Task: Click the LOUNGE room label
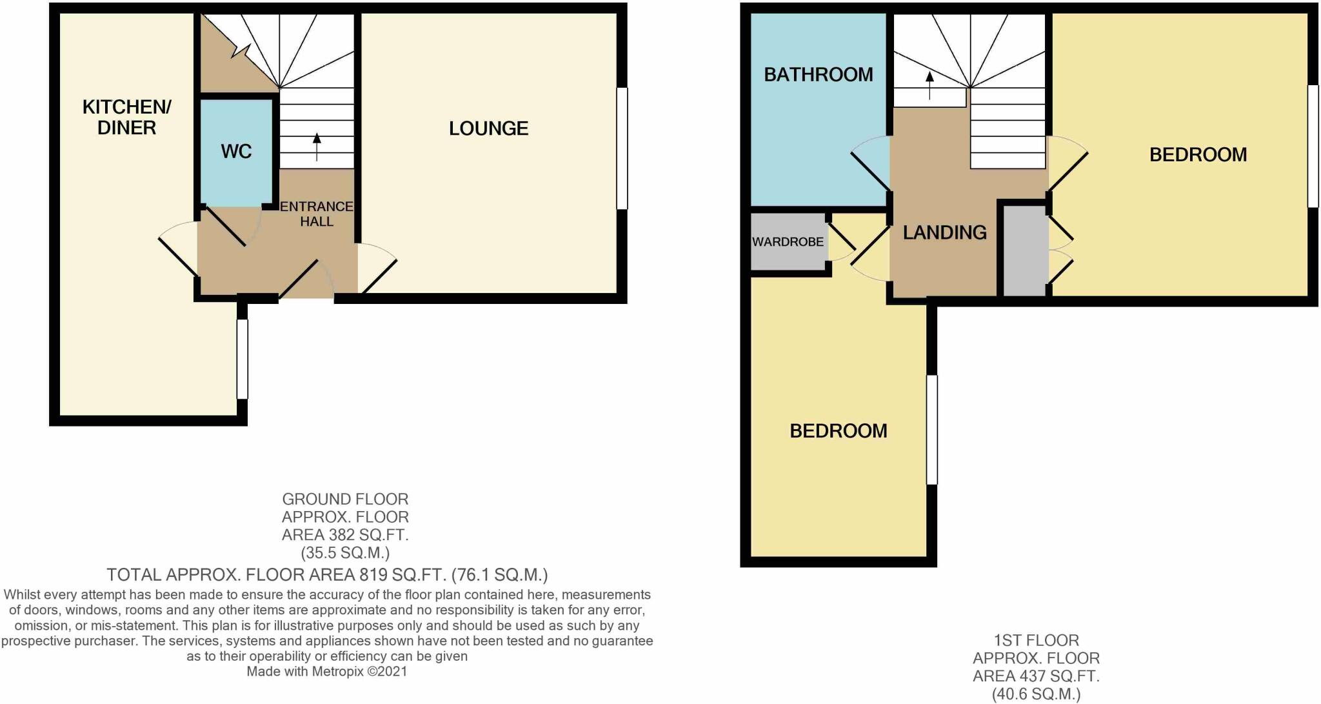point(489,128)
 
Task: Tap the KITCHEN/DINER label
point(126,117)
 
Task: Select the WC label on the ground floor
point(236,152)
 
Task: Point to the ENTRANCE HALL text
point(317,214)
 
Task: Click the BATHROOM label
point(819,75)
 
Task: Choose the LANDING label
point(944,232)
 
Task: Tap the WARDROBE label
point(788,242)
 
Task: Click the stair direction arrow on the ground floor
point(317,146)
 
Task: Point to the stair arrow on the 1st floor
point(929,85)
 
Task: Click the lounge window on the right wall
point(622,148)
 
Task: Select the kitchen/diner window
point(243,359)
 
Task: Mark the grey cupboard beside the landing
point(1024,251)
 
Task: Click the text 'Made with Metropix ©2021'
point(327,672)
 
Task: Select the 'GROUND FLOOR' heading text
point(345,499)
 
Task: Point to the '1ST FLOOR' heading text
point(1036,641)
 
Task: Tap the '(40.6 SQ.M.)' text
point(1036,695)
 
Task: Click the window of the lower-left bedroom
point(931,430)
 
